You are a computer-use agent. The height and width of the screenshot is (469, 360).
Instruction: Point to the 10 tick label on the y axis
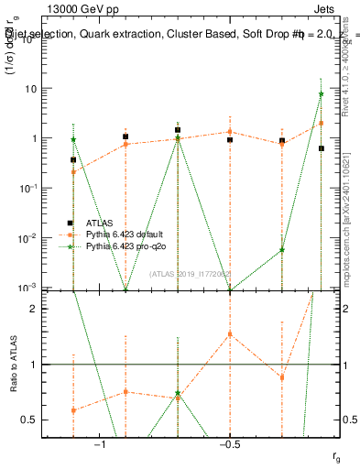click(31, 89)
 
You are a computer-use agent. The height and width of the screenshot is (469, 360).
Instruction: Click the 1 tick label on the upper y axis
click(34, 138)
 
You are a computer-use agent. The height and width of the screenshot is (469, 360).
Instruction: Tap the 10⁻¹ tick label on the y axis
click(29, 188)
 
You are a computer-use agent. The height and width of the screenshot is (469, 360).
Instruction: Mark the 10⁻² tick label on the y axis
click(29, 238)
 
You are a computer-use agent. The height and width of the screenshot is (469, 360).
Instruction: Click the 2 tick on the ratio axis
click(34, 309)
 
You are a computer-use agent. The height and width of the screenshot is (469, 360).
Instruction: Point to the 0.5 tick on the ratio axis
click(30, 420)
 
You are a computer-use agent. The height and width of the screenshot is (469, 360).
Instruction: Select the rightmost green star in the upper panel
click(322, 94)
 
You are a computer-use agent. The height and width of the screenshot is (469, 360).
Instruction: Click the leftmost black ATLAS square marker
click(73, 160)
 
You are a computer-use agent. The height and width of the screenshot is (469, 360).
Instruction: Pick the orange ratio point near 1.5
click(230, 334)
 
